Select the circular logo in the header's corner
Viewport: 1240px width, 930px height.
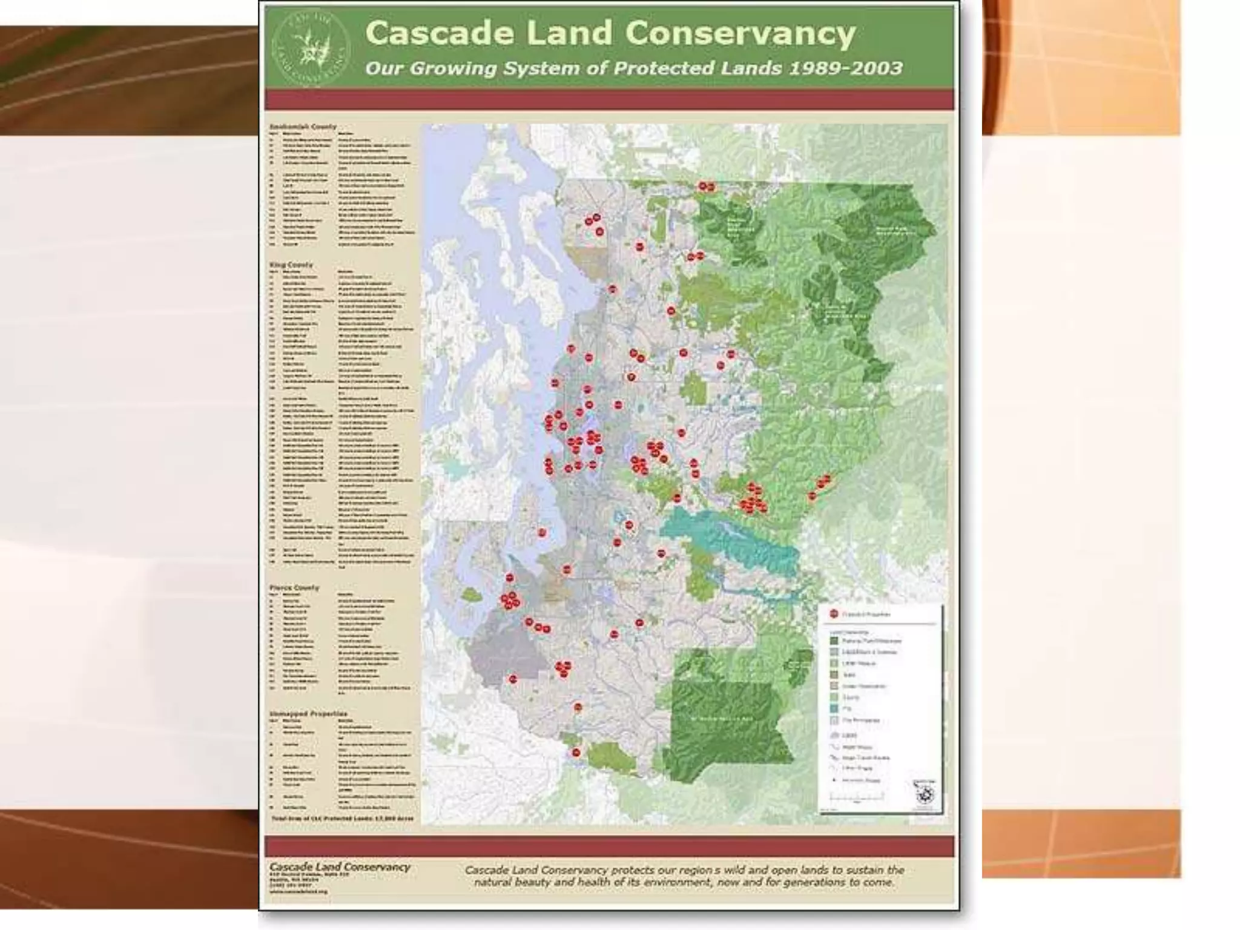pyautogui.click(x=311, y=49)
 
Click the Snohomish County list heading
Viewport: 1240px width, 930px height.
pyautogui.click(x=303, y=127)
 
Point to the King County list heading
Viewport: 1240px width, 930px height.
pyautogui.click(x=291, y=265)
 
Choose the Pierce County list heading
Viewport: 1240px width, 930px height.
pyautogui.click(x=294, y=588)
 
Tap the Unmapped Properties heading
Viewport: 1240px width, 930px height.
pyautogui.click(x=309, y=714)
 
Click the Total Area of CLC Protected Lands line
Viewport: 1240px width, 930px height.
pyautogui.click(x=343, y=819)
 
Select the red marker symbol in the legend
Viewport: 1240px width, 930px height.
pyautogui.click(x=834, y=614)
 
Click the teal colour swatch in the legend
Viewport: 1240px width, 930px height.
pyautogui.click(x=834, y=708)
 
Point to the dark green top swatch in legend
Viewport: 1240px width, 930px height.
pyautogui.click(x=834, y=641)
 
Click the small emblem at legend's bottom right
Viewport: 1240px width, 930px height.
pyautogui.click(x=924, y=793)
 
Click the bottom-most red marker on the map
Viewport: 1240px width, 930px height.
pyautogui.click(x=576, y=753)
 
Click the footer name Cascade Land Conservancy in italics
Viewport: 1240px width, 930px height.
pyautogui.click(x=340, y=867)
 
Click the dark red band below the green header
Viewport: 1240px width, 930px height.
pyautogui.click(x=609, y=100)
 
